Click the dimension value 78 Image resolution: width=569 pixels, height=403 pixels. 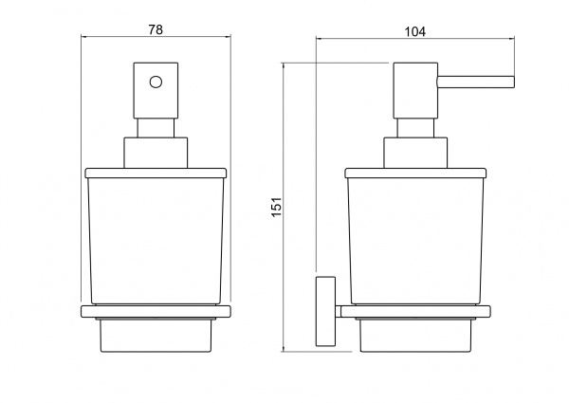tap(156, 29)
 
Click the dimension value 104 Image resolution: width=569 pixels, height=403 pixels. tap(415, 32)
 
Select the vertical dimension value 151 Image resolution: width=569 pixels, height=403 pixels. tap(277, 207)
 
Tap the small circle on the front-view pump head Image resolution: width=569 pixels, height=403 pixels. tap(156, 82)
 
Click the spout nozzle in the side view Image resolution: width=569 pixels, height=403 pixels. tap(476, 82)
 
